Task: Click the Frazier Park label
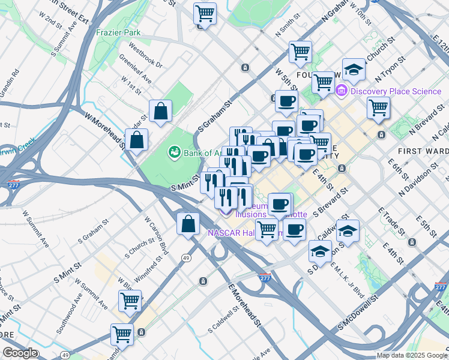(118, 32)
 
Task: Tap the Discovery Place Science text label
(396, 91)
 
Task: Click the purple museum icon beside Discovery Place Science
(342, 91)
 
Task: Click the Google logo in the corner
(20, 353)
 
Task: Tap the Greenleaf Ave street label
(135, 69)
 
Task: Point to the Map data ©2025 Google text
(412, 355)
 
